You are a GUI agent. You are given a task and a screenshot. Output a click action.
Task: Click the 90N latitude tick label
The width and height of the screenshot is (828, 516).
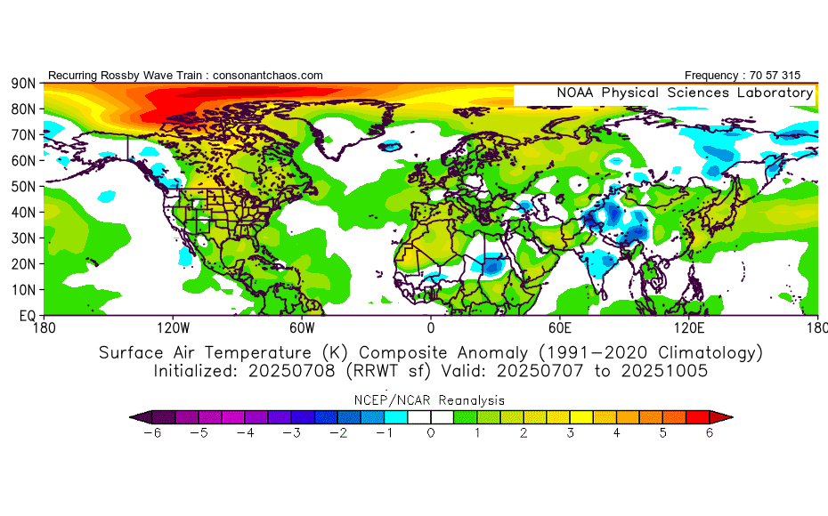22,83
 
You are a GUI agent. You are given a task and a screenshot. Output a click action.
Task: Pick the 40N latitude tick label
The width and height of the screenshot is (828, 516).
22,213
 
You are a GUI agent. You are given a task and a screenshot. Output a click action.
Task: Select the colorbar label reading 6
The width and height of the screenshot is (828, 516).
710,432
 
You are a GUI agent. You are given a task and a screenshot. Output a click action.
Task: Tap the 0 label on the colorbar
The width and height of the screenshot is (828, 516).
431,432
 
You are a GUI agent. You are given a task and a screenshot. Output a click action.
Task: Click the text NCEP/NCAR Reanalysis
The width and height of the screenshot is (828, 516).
430,399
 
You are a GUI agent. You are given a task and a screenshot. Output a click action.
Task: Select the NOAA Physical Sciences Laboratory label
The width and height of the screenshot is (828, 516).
685,93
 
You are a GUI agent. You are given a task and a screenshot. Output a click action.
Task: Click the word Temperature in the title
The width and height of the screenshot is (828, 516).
277,352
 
